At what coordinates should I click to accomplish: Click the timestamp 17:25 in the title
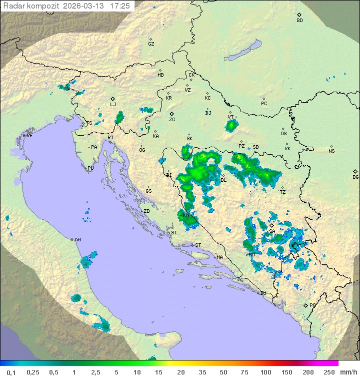point(120,6)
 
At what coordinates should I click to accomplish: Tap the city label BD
point(299,21)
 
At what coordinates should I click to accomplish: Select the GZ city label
point(151,44)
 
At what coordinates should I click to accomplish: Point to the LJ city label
point(113,105)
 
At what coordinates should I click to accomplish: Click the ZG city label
point(172,120)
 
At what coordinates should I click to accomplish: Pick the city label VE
point(29,136)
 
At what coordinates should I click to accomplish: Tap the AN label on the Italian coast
point(77,240)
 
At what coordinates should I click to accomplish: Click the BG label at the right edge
point(355,177)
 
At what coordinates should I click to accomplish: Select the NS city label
point(331,151)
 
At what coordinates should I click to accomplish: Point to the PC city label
point(264,104)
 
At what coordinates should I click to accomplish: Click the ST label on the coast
point(198,245)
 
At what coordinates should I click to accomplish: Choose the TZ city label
point(282,192)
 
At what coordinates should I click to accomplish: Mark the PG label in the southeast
point(312,305)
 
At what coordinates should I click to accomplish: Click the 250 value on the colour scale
point(329,372)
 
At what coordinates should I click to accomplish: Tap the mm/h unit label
point(348,372)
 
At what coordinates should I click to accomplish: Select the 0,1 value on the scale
point(11,372)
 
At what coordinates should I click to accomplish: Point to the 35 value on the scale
point(202,372)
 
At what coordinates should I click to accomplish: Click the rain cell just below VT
point(230,126)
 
